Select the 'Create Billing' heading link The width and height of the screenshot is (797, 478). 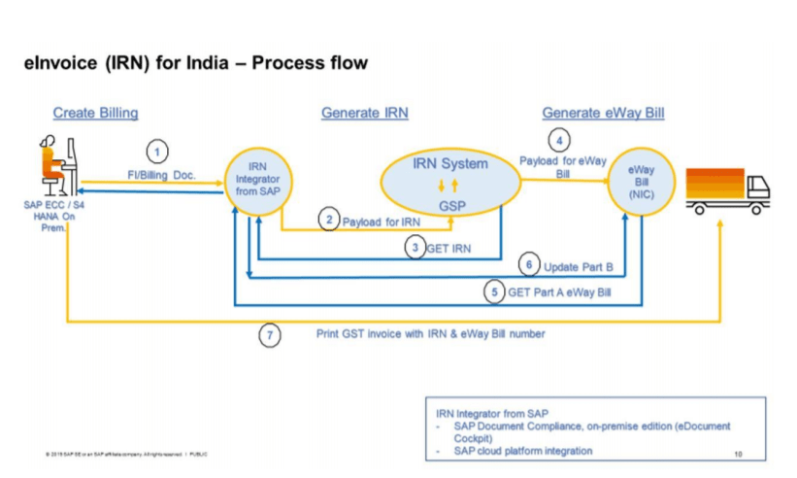95,114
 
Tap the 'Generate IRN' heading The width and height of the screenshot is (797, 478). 364,114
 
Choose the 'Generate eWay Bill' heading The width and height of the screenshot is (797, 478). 603,114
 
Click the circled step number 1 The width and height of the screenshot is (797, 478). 158,152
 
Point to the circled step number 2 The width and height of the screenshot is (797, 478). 330,221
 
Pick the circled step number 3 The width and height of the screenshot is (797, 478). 415,248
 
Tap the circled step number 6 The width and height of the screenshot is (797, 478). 529,265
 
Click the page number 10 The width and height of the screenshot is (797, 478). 739,454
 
